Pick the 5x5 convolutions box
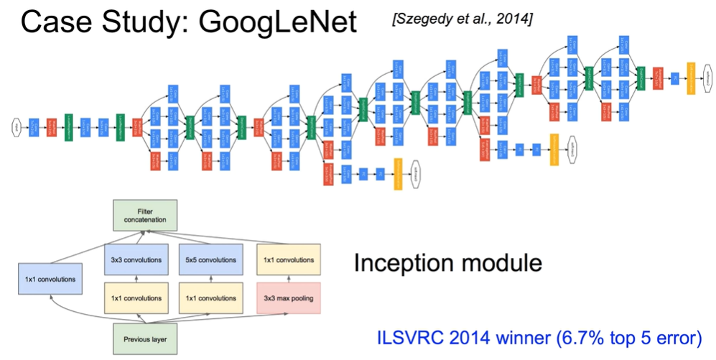pyautogui.click(x=208, y=259)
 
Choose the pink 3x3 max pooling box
pyautogui.click(x=289, y=297)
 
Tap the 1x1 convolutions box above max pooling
pyautogui.click(x=289, y=259)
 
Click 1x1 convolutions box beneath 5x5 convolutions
pyautogui.click(x=208, y=297)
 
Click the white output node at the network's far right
pyautogui.click(x=707, y=73)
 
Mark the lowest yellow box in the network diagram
pyautogui.click(x=397, y=179)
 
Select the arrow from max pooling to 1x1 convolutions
pyautogui.click(x=289, y=279)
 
